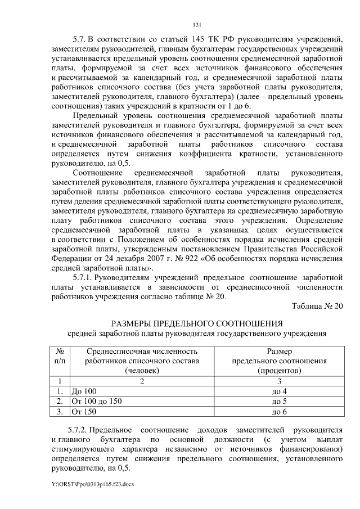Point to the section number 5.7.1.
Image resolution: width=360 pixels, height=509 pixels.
tap(83, 278)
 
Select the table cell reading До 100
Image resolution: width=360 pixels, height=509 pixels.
tap(83, 391)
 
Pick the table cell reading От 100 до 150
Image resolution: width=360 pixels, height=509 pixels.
tap(95, 401)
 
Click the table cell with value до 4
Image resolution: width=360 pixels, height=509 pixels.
tap(279, 391)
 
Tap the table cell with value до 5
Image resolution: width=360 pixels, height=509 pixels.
tap(279, 401)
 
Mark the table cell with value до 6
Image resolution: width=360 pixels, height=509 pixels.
tap(279, 411)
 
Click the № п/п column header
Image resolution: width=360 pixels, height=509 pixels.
tap(59, 355)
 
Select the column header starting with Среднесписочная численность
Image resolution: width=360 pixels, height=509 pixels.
tap(142, 361)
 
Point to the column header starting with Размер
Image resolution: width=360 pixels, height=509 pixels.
tap(279, 361)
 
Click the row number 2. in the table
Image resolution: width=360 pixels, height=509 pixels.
tap(59, 401)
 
